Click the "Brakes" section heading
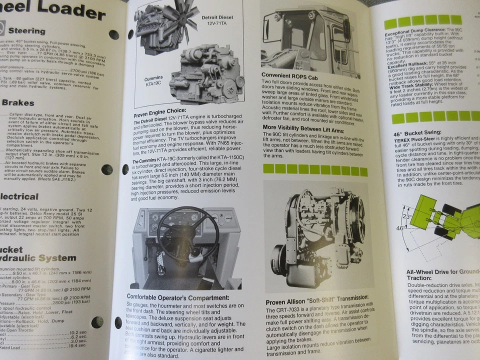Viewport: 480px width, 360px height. point(17,103)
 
